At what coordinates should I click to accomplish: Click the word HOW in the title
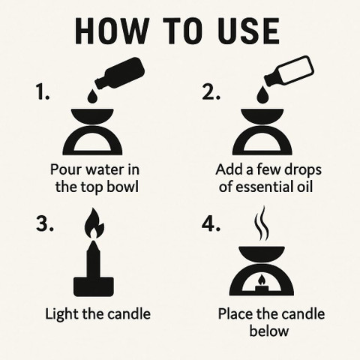point(112,31)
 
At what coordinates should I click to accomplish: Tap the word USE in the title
point(249,31)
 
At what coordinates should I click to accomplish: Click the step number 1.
point(43,92)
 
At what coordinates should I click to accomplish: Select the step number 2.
point(211,92)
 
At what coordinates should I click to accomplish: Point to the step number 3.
point(44,223)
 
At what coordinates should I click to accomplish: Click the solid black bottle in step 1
point(119,73)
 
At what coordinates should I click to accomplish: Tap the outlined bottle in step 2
point(289,72)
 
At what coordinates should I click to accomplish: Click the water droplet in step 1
point(92,96)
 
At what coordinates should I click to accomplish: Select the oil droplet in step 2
point(262,96)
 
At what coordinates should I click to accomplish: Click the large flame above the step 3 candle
point(94,223)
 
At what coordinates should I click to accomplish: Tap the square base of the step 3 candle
point(94,286)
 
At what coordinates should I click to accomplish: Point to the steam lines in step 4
point(262,223)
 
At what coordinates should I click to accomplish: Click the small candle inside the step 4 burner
point(262,285)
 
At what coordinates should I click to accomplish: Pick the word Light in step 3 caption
point(61,313)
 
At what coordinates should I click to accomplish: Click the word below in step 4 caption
point(269,331)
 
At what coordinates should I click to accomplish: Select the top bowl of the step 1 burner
point(92,115)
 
